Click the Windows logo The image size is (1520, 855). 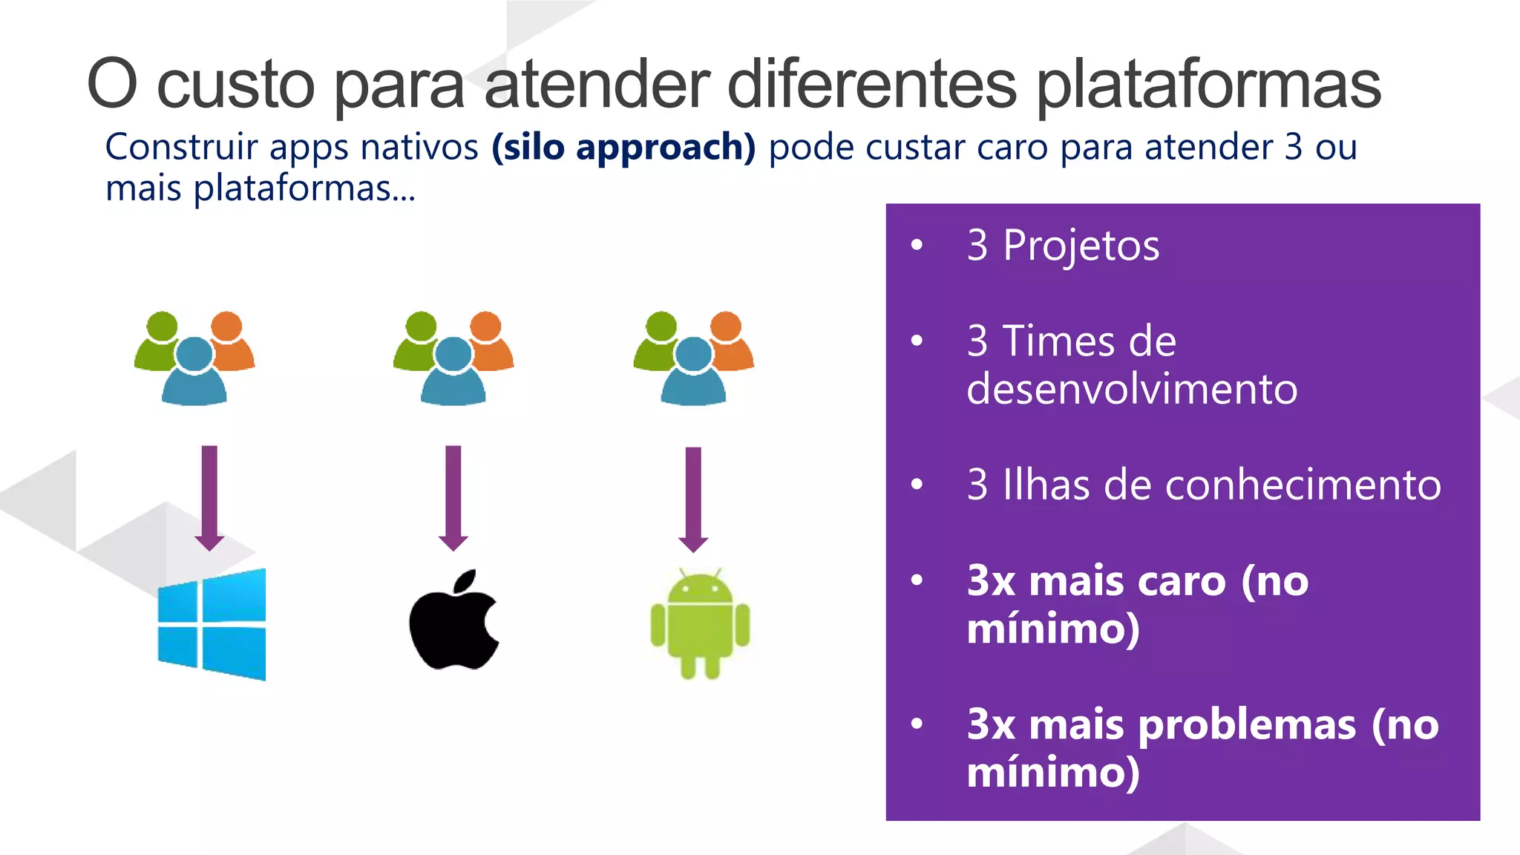(x=212, y=624)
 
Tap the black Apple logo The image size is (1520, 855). (x=453, y=620)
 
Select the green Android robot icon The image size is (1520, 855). (x=700, y=624)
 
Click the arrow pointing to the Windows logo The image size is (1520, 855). (x=209, y=497)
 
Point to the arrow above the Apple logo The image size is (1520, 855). (x=453, y=497)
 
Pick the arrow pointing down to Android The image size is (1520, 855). (x=693, y=499)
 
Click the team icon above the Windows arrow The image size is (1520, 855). (x=194, y=358)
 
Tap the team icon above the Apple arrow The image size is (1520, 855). (x=453, y=358)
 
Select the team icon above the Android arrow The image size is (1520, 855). (x=693, y=358)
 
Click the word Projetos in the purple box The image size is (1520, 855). (x=1081, y=246)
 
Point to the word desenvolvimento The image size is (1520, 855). (x=1132, y=389)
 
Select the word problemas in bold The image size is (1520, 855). (x=1247, y=724)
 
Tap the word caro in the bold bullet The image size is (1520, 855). (x=1181, y=581)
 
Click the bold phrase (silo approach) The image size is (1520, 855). (x=623, y=147)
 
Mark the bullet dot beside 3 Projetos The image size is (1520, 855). (x=917, y=244)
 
